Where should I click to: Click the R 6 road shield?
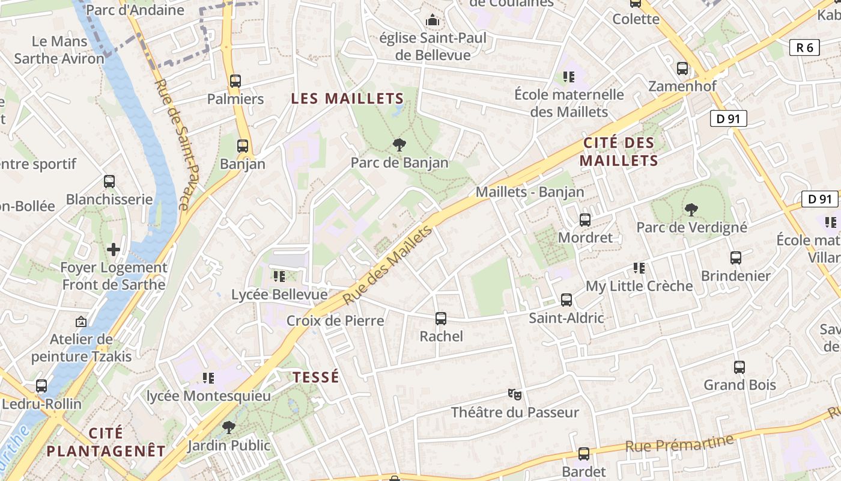point(804,47)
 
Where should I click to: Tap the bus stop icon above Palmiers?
point(235,81)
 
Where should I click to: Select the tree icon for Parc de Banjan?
point(398,145)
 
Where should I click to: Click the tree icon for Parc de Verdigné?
point(691,210)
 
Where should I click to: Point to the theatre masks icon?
point(514,394)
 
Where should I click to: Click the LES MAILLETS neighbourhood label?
point(347,98)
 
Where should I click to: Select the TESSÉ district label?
point(316,377)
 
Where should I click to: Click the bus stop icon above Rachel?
point(441,319)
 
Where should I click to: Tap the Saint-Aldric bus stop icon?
point(566,300)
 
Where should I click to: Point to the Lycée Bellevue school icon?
point(279,277)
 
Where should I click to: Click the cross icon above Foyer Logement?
point(114,249)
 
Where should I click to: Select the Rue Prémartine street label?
point(679,443)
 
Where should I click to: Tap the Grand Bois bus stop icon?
point(739,367)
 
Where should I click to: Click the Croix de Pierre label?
point(335,320)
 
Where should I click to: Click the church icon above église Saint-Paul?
point(432,21)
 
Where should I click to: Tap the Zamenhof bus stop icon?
point(682,69)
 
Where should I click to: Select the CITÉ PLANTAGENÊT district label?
point(106,442)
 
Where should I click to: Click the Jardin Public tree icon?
point(228,427)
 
